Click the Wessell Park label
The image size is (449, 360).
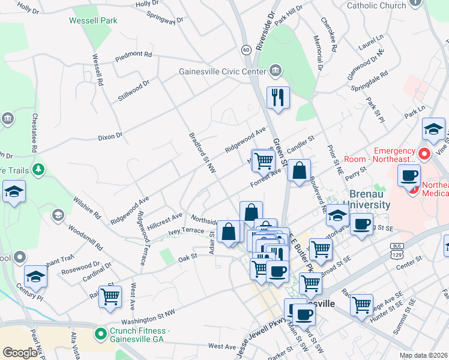pos(92,20)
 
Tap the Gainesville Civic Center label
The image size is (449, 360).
pos(222,71)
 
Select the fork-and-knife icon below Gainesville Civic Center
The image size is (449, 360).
pos(278,97)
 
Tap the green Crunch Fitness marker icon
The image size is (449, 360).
pos(100,332)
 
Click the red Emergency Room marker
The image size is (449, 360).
pos(425,155)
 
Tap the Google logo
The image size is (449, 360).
pos(20,353)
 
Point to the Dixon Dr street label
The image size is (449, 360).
pos(110,136)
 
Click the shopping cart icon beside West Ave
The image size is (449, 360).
pos(110,296)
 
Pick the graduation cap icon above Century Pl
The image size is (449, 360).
pos(36,277)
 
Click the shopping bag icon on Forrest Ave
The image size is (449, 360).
pos(298,170)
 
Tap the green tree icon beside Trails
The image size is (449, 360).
pos(39,170)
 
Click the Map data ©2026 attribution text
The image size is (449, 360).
pos(423,355)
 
